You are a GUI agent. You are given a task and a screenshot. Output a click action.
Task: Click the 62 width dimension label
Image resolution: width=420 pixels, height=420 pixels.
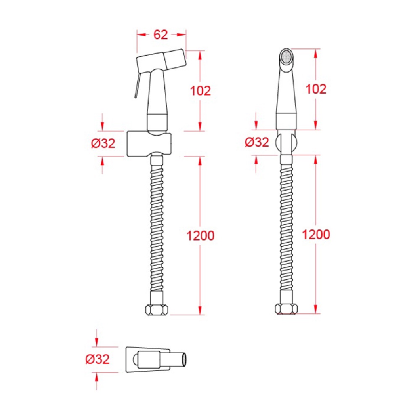pyautogui.click(x=161, y=34)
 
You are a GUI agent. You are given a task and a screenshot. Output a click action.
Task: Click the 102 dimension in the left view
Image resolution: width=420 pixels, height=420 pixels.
pyautogui.click(x=200, y=91)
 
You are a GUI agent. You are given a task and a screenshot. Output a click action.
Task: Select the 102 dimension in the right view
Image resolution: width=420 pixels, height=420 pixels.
pyautogui.click(x=316, y=89)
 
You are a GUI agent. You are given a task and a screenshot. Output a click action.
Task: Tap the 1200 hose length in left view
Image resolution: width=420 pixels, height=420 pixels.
pyautogui.click(x=200, y=236)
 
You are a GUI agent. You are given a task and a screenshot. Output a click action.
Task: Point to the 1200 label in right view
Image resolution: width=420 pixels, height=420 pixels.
pyautogui.click(x=316, y=234)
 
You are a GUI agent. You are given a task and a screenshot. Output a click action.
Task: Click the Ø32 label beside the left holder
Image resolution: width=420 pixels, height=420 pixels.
pyautogui.click(x=103, y=143)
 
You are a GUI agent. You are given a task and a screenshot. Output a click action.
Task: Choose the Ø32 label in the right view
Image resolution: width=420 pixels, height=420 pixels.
pyautogui.click(x=257, y=142)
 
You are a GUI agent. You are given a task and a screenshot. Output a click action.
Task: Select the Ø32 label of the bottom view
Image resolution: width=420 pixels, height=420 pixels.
pyautogui.click(x=97, y=359)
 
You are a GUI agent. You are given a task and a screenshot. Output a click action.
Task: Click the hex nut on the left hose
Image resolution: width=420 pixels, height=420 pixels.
pyautogui.click(x=157, y=310)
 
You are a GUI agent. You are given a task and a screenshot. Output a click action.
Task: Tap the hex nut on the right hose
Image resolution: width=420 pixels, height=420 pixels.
pyautogui.click(x=286, y=309)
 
